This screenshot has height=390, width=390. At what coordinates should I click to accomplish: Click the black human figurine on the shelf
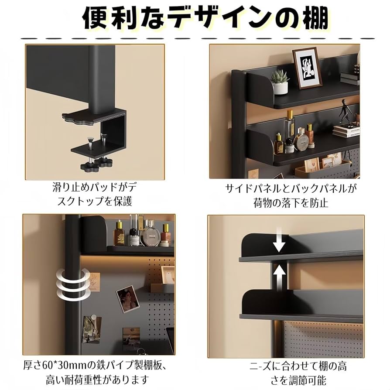point(346,113)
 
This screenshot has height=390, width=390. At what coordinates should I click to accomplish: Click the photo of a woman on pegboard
point(127,298)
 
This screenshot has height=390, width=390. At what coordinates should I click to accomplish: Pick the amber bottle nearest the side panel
point(119,233)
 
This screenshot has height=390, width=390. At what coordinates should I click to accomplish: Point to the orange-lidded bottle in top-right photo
point(310,136)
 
